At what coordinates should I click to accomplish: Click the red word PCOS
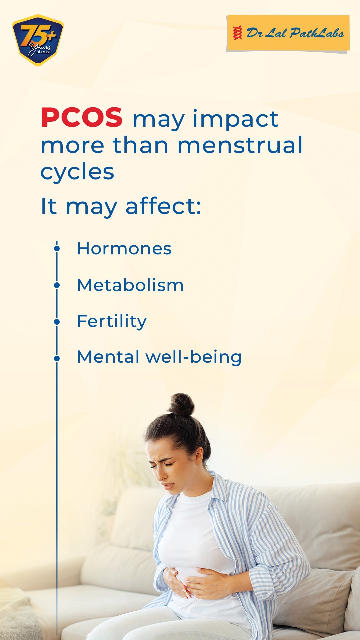[x=82, y=118]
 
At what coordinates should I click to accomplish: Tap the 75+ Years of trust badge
[x=38, y=40]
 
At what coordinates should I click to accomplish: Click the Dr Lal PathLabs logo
[x=288, y=33]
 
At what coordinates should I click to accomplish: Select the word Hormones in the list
[x=124, y=249]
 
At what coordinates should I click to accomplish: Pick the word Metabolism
[x=130, y=285]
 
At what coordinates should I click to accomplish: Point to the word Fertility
[x=112, y=321]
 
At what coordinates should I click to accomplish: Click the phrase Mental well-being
[x=159, y=357]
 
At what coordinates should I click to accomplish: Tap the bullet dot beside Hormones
[x=57, y=249]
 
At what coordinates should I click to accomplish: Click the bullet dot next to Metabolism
[x=57, y=285]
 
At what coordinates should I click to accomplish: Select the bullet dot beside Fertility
[x=57, y=322]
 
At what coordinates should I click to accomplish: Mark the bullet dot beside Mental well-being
[x=57, y=359]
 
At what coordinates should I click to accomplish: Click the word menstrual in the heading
[x=240, y=145]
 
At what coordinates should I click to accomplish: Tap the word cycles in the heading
[x=77, y=172]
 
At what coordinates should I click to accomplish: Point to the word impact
[x=235, y=119]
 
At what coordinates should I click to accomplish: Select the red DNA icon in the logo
[x=238, y=33]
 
